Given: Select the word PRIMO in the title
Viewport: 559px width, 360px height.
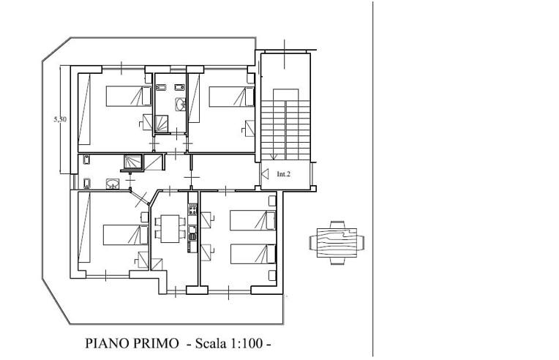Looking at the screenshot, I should pyautogui.click(x=160, y=342).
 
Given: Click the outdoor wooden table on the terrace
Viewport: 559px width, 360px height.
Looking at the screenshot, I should pyautogui.click(x=336, y=241).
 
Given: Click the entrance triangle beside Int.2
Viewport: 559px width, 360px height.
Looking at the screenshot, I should pyautogui.click(x=264, y=174).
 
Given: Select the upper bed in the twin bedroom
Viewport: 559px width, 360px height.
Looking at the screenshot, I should pyautogui.click(x=253, y=220).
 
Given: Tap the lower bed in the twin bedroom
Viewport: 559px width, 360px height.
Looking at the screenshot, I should pyautogui.click(x=253, y=253).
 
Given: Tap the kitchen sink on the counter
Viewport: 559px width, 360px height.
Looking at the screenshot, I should pyautogui.click(x=192, y=233).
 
